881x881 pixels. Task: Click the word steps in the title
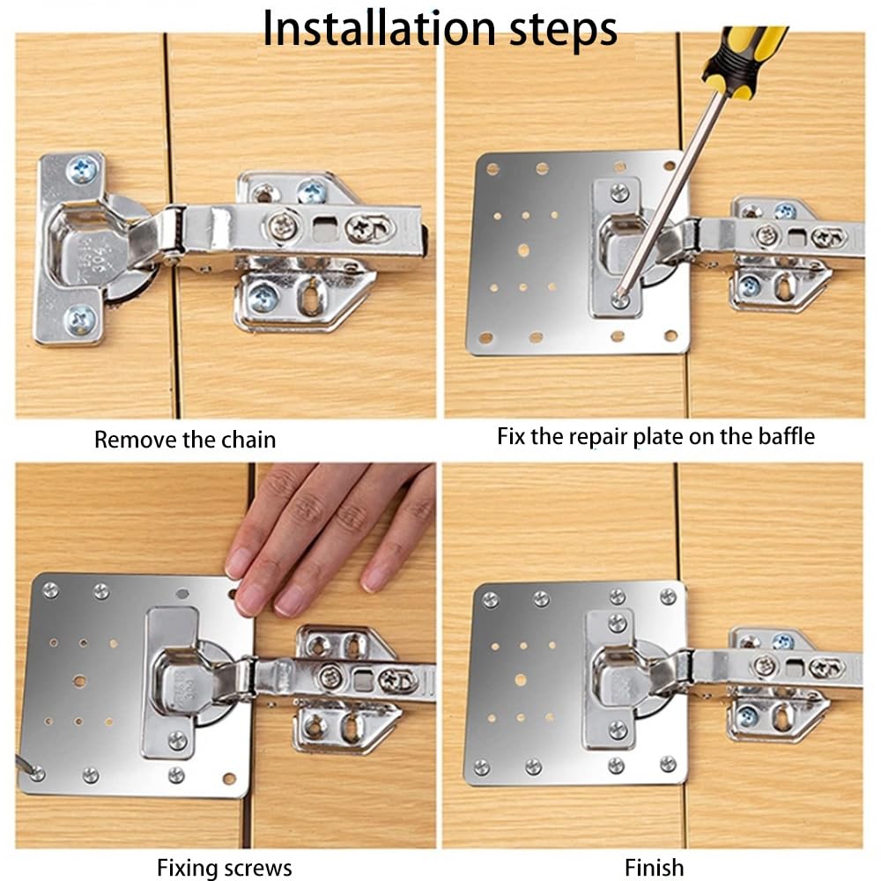click(563, 32)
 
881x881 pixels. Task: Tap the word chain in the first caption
click(249, 440)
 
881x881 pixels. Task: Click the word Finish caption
click(654, 868)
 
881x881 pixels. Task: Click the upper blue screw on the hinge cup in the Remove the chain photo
click(83, 169)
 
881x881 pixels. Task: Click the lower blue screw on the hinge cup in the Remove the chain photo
click(80, 322)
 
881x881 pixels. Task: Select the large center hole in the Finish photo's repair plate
click(522, 680)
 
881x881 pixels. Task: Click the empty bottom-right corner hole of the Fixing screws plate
click(229, 779)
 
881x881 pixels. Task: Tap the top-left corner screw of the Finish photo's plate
click(491, 600)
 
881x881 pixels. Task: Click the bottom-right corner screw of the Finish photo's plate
click(668, 764)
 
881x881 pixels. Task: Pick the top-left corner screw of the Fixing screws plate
click(50, 590)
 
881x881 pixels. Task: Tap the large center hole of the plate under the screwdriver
click(523, 250)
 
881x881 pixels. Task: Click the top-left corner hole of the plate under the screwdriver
click(493, 169)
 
